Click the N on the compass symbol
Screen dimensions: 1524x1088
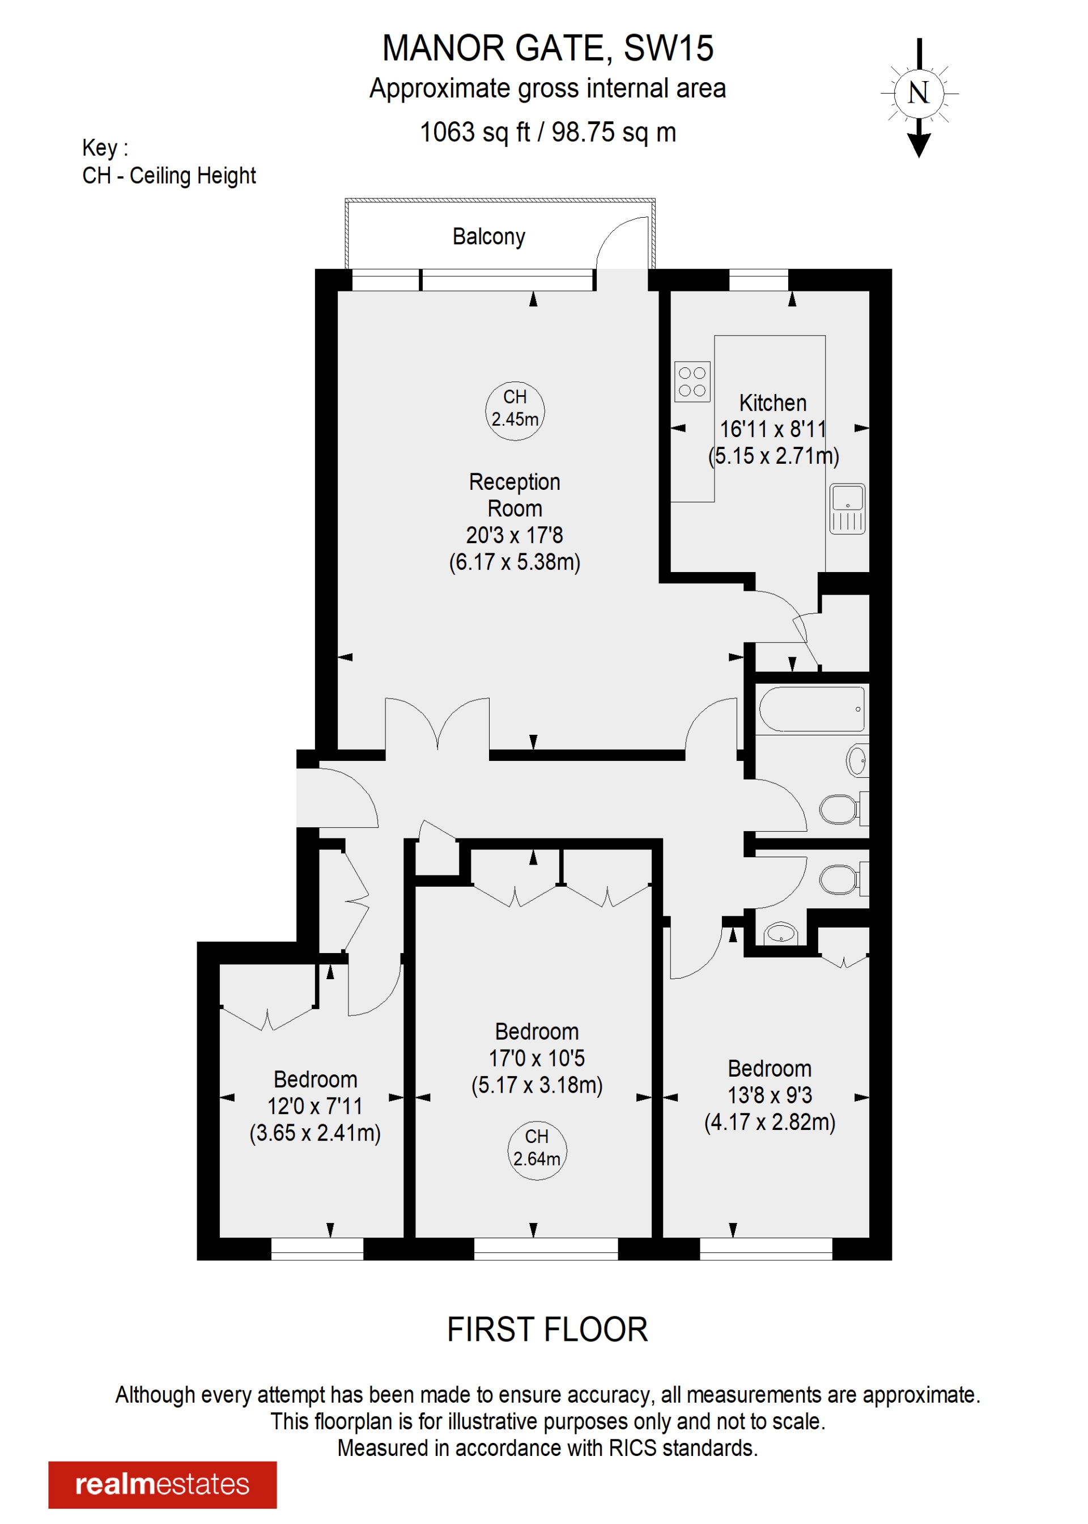point(919,92)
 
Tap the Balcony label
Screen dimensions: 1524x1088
point(488,236)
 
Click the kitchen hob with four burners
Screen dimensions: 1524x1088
point(692,382)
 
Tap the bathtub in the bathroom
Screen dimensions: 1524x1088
point(811,708)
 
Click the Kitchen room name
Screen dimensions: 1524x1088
point(772,403)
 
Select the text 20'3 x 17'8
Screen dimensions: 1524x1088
point(515,535)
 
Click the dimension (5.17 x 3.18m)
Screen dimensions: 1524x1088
point(537,1085)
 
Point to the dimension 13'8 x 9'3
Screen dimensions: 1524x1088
point(769,1095)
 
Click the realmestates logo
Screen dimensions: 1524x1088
point(162,1484)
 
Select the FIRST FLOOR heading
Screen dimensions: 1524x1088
point(547,1330)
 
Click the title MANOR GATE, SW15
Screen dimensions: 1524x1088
point(547,48)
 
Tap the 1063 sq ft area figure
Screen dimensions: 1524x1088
point(474,132)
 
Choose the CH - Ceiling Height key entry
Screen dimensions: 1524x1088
point(169,176)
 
